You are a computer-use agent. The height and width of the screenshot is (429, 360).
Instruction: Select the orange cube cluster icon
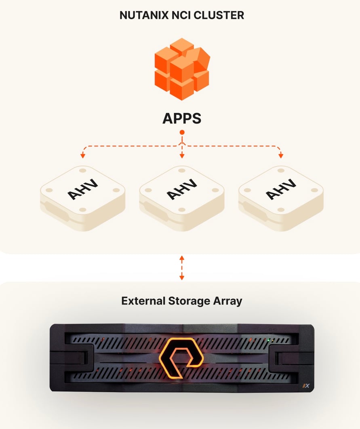point(182,69)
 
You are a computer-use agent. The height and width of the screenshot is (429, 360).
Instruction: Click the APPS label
point(182,118)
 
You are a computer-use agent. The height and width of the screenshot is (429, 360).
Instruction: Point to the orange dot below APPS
point(182,132)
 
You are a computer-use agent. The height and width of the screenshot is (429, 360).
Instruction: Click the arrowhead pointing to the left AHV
point(83,155)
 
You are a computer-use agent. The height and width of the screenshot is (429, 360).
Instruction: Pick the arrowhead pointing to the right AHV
point(281,155)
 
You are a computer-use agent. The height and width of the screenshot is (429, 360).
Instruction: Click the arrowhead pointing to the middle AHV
point(182,156)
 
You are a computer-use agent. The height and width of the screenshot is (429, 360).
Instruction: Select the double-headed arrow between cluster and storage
point(182,267)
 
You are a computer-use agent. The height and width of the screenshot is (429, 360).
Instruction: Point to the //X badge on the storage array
point(306,385)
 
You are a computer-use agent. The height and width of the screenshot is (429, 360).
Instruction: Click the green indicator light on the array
point(268,340)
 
